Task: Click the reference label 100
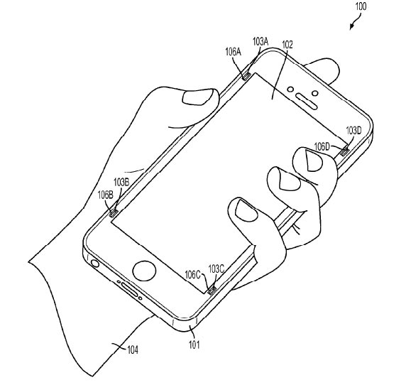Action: [x=361, y=6]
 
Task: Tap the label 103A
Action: [x=260, y=41]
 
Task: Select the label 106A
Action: [x=233, y=52]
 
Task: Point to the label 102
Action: [x=287, y=45]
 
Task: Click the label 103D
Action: [x=353, y=131]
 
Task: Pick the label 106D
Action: [x=322, y=147]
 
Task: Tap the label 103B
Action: [x=121, y=183]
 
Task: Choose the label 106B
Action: [x=105, y=195]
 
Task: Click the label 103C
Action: [x=216, y=269]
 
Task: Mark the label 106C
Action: [x=192, y=275]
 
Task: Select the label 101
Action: [x=194, y=345]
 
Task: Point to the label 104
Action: [x=133, y=350]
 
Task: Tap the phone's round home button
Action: [x=144, y=271]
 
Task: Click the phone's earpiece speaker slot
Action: [x=307, y=101]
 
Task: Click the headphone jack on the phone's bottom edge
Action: [x=95, y=264]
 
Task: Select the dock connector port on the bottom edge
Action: [x=129, y=291]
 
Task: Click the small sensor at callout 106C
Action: [x=212, y=291]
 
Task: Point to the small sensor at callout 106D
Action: [x=344, y=151]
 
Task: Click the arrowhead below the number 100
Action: [x=351, y=27]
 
